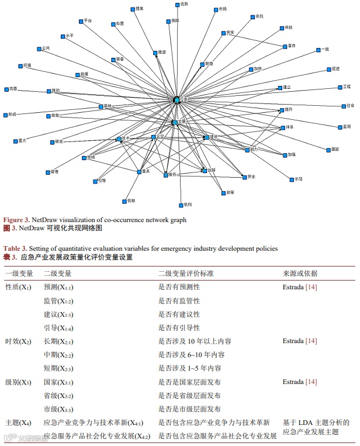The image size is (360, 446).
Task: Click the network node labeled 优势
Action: pos(177,4)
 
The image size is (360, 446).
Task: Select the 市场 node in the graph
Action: pos(215,9)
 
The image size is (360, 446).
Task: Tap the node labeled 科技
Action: pos(281,27)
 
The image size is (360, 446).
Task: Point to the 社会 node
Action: pos(343,106)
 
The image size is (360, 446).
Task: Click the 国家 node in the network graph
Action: pos(327,150)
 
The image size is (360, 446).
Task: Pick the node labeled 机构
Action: pos(179,205)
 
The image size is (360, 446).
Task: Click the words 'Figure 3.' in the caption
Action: pos(17,220)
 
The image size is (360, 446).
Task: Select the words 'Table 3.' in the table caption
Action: pos(16,248)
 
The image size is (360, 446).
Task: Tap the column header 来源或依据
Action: pos(300,274)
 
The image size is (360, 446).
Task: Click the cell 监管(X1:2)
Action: pos(58,301)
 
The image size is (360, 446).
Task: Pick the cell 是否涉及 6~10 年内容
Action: pos(191,355)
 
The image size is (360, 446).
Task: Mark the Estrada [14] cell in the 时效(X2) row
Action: pos(300,341)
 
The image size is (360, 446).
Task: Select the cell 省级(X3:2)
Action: pos(58,395)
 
